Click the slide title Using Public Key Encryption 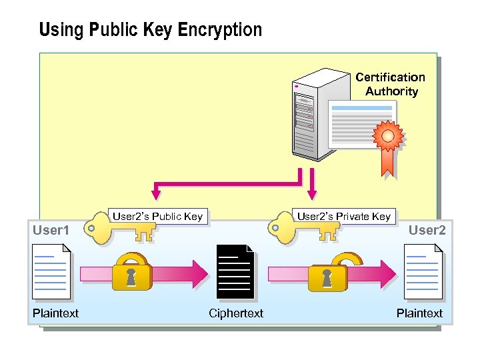coord(150,30)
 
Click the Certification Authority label coord(391,85)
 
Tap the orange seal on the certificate coord(388,137)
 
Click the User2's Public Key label coord(157,216)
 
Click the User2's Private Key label coord(343,216)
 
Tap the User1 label coord(51,231)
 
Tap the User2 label coord(427,231)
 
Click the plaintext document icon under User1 coord(52,271)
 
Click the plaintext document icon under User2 coord(423,271)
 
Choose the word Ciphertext coord(236,313)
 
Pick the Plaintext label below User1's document coord(55,313)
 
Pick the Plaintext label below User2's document coord(419,313)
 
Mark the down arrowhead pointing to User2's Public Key coord(156,194)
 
